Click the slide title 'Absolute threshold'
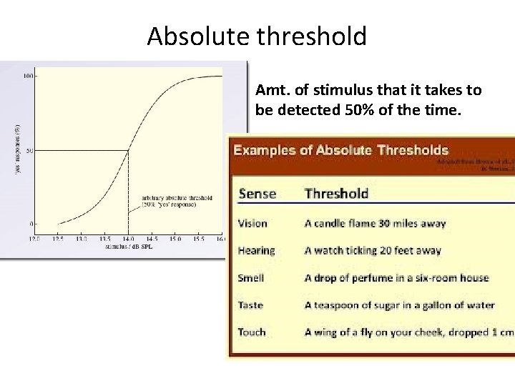coord(257,36)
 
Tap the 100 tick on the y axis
coord(29,76)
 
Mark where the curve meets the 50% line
coord(129,150)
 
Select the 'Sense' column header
coord(257,193)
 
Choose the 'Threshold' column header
coord(336,193)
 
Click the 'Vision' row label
coord(252,223)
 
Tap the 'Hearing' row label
coord(256,250)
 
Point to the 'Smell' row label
coord(251,277)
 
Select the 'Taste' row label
coord(250,305)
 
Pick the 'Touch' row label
coord(252,332)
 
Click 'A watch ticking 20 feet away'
coord(373,250)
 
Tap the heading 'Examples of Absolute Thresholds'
coord(342,150)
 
